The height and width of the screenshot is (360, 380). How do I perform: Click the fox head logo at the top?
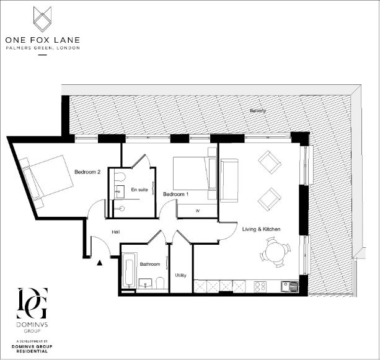(42, 19)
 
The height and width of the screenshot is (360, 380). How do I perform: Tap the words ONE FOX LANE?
(42, 41)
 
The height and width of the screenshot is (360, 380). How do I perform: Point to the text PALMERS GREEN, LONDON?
(42, 49)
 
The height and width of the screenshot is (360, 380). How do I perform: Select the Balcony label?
(257, 111)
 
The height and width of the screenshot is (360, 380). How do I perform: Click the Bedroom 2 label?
(87, 172)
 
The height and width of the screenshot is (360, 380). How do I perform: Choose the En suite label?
(139, 190)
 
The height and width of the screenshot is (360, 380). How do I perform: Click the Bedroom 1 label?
(175, 194)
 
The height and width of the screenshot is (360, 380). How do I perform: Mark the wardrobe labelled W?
(197, 211)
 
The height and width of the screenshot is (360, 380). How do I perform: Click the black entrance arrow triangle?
(99, 263)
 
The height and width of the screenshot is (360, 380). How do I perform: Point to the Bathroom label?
(150, 264)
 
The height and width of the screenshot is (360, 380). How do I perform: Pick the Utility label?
(180, 275)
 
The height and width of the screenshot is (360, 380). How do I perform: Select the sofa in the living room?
(228, 180)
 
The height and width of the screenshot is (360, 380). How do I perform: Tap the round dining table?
(273, 253)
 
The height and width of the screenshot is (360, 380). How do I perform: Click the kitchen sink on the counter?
(289, 286)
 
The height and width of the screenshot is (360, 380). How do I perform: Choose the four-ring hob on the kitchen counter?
(261, 286)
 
